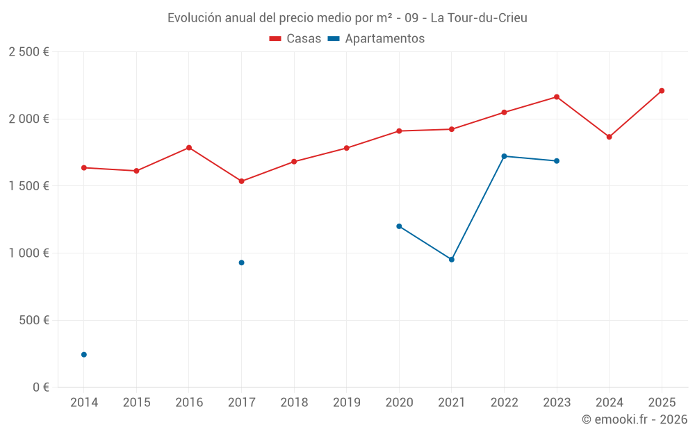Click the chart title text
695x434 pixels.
(347, 17)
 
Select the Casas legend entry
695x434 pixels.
(295, 39)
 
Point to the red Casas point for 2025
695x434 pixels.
(662, 90)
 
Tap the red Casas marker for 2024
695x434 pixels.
(609, 137)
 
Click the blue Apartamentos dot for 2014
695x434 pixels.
(84, 355)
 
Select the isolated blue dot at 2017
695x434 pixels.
(241, 262)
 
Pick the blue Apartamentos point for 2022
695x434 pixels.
(504, 156)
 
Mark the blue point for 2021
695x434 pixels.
(452, 260)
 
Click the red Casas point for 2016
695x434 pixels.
(189, 147)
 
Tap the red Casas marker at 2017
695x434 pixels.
(241, 181)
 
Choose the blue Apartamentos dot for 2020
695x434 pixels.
(399, 226)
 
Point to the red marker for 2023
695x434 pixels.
(557, 97)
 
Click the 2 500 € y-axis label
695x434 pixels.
(28, 52)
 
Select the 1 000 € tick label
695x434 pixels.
(28, 253)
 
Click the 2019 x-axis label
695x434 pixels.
(346, 402)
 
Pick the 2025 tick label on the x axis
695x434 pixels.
(662, 402)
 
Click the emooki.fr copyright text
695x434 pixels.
(634, 419)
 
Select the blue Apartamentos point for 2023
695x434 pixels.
(557, 161)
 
